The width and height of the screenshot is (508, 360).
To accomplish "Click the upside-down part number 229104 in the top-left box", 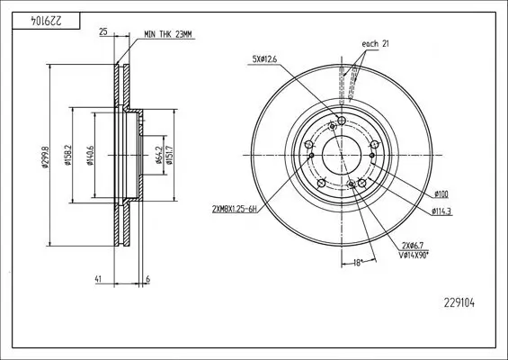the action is tap(46, 21).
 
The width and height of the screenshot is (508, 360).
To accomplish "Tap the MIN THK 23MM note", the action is tap(168, 35).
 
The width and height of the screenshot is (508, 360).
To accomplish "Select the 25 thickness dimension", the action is tap(103, 31).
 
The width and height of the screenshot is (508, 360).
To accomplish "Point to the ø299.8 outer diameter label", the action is tap(45, 157).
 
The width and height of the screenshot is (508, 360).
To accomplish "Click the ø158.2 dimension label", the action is tap(67, 155).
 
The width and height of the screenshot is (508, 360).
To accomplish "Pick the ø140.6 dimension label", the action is tap(91, 156).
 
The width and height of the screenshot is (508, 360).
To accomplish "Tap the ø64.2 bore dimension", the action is tap(159, 155).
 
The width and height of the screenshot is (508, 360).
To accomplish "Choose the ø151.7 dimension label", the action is tap(169, 155).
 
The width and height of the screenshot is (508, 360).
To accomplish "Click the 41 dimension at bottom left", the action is tap(98, 279).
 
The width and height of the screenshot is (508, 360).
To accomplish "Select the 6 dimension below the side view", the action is tap(148, 279).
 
